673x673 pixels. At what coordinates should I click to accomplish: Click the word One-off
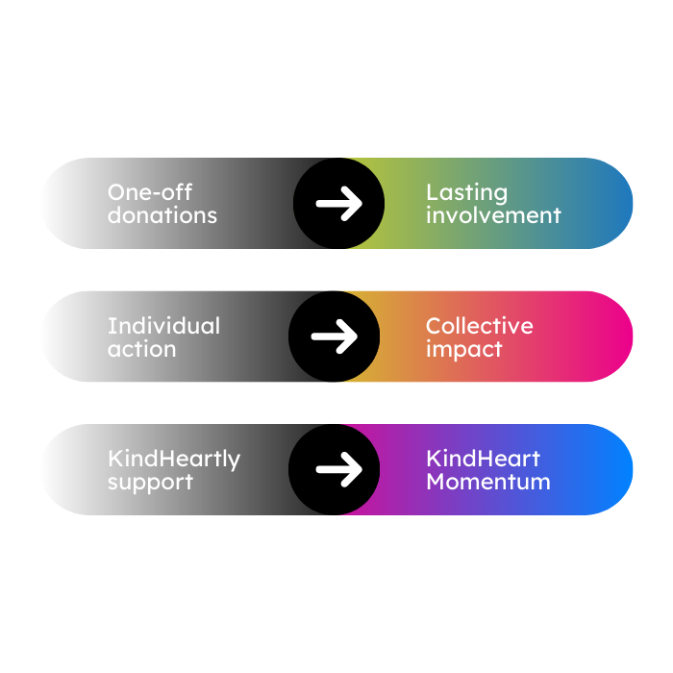(150, 191)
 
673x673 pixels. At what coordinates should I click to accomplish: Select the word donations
(162, 215)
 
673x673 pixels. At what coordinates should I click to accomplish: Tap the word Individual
(163, 326)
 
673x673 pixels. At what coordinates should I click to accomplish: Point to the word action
(141, 349)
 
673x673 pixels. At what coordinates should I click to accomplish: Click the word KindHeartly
(174, 460)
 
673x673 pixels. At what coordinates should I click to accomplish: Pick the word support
(150, 483)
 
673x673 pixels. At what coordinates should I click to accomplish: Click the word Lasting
(466, 191)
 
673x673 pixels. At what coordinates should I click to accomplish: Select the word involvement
(493, 215)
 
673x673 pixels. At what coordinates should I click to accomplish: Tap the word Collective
(479, 326)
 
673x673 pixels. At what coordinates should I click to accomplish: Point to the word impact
(463, 349)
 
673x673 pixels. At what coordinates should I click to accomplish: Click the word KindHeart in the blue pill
(484, 459)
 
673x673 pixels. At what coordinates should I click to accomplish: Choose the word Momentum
(488, 482)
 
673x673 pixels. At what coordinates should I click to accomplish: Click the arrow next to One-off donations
(338, 203)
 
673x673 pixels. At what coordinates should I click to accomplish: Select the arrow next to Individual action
(335, 336)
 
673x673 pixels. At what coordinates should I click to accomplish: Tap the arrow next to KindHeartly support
(338, 469)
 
